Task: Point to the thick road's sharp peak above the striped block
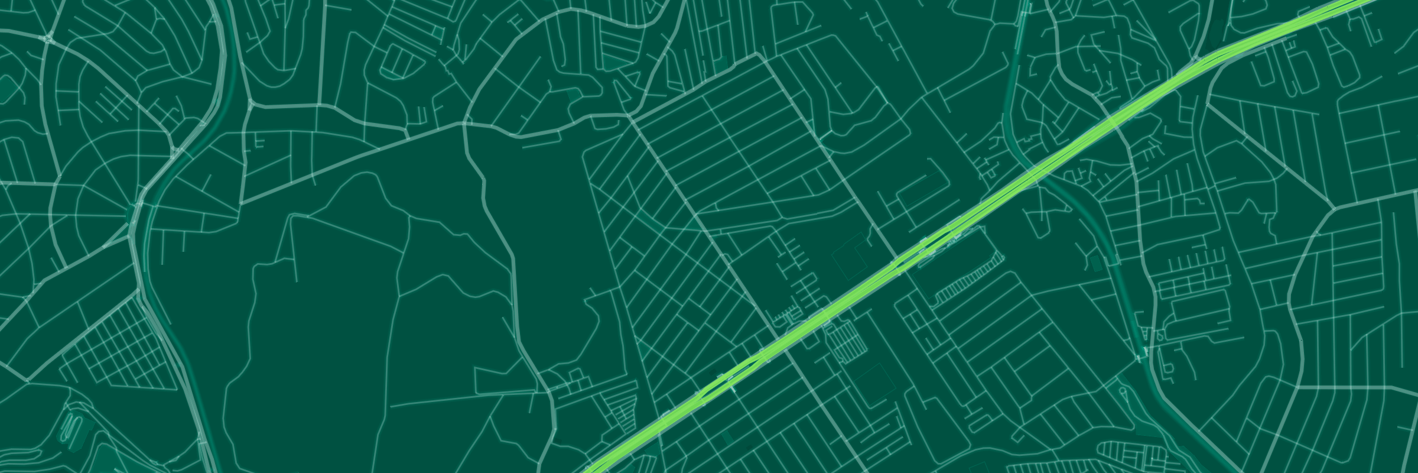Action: [x=757, y=54]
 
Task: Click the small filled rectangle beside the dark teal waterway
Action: [x=1097, y=264]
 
